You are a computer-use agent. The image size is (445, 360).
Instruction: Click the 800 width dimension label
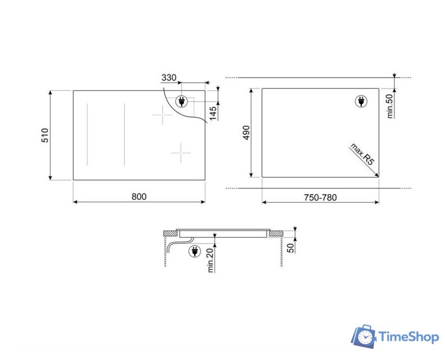tap(139, 197)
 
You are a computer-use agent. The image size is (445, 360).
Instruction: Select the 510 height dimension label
tap(45, 136)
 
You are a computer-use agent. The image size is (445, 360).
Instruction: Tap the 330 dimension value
tap(169, 78)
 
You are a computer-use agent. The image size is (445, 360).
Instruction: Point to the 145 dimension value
tap(213, 113)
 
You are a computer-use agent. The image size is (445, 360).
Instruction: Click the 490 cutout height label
tap(246, 133)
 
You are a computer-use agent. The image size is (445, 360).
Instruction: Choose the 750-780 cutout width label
tap(321, 197)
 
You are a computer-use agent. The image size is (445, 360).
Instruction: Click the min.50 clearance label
tap(390, 106)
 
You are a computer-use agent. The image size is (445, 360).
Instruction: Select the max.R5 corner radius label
tap(362, 154)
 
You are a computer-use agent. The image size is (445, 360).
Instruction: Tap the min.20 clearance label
tap(210, 260)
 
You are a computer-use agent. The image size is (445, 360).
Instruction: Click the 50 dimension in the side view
tap(291, 248)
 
